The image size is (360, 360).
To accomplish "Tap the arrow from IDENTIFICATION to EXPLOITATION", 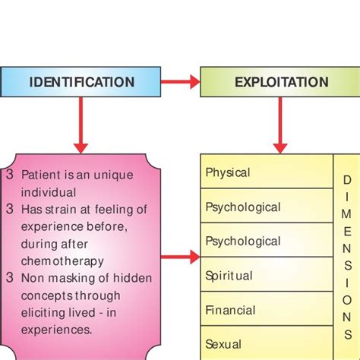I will pos(180,82).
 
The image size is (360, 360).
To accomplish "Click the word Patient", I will pos(39,175).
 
